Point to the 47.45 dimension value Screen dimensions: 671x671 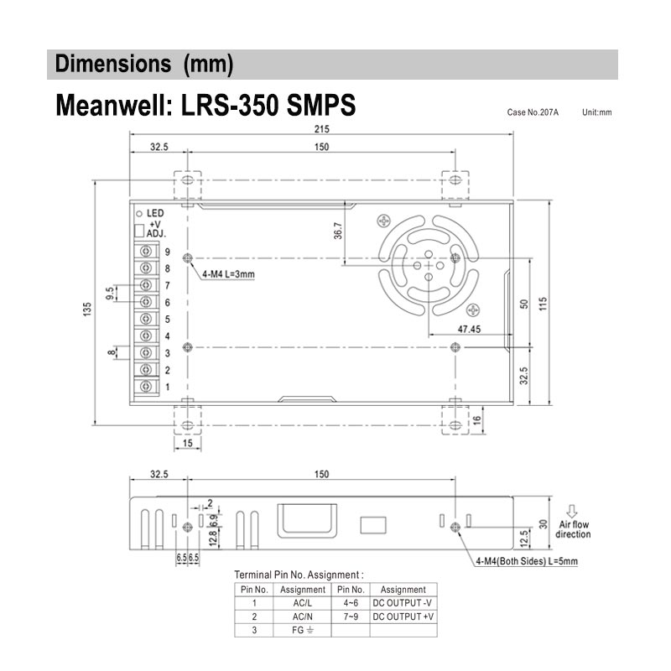click(x=469, y=329)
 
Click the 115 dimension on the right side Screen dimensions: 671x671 click(x=544, y=302)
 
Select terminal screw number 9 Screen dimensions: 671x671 click(x=147, y=252)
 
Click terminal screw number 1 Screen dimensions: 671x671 click(x=147, y=386)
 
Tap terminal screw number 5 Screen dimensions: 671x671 click(x=147, y=319)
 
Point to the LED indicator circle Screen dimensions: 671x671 click(x=139, y=213)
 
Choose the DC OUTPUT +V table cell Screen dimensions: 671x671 click(x=403, y=616)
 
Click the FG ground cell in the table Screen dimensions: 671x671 click(x=302, y=630)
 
